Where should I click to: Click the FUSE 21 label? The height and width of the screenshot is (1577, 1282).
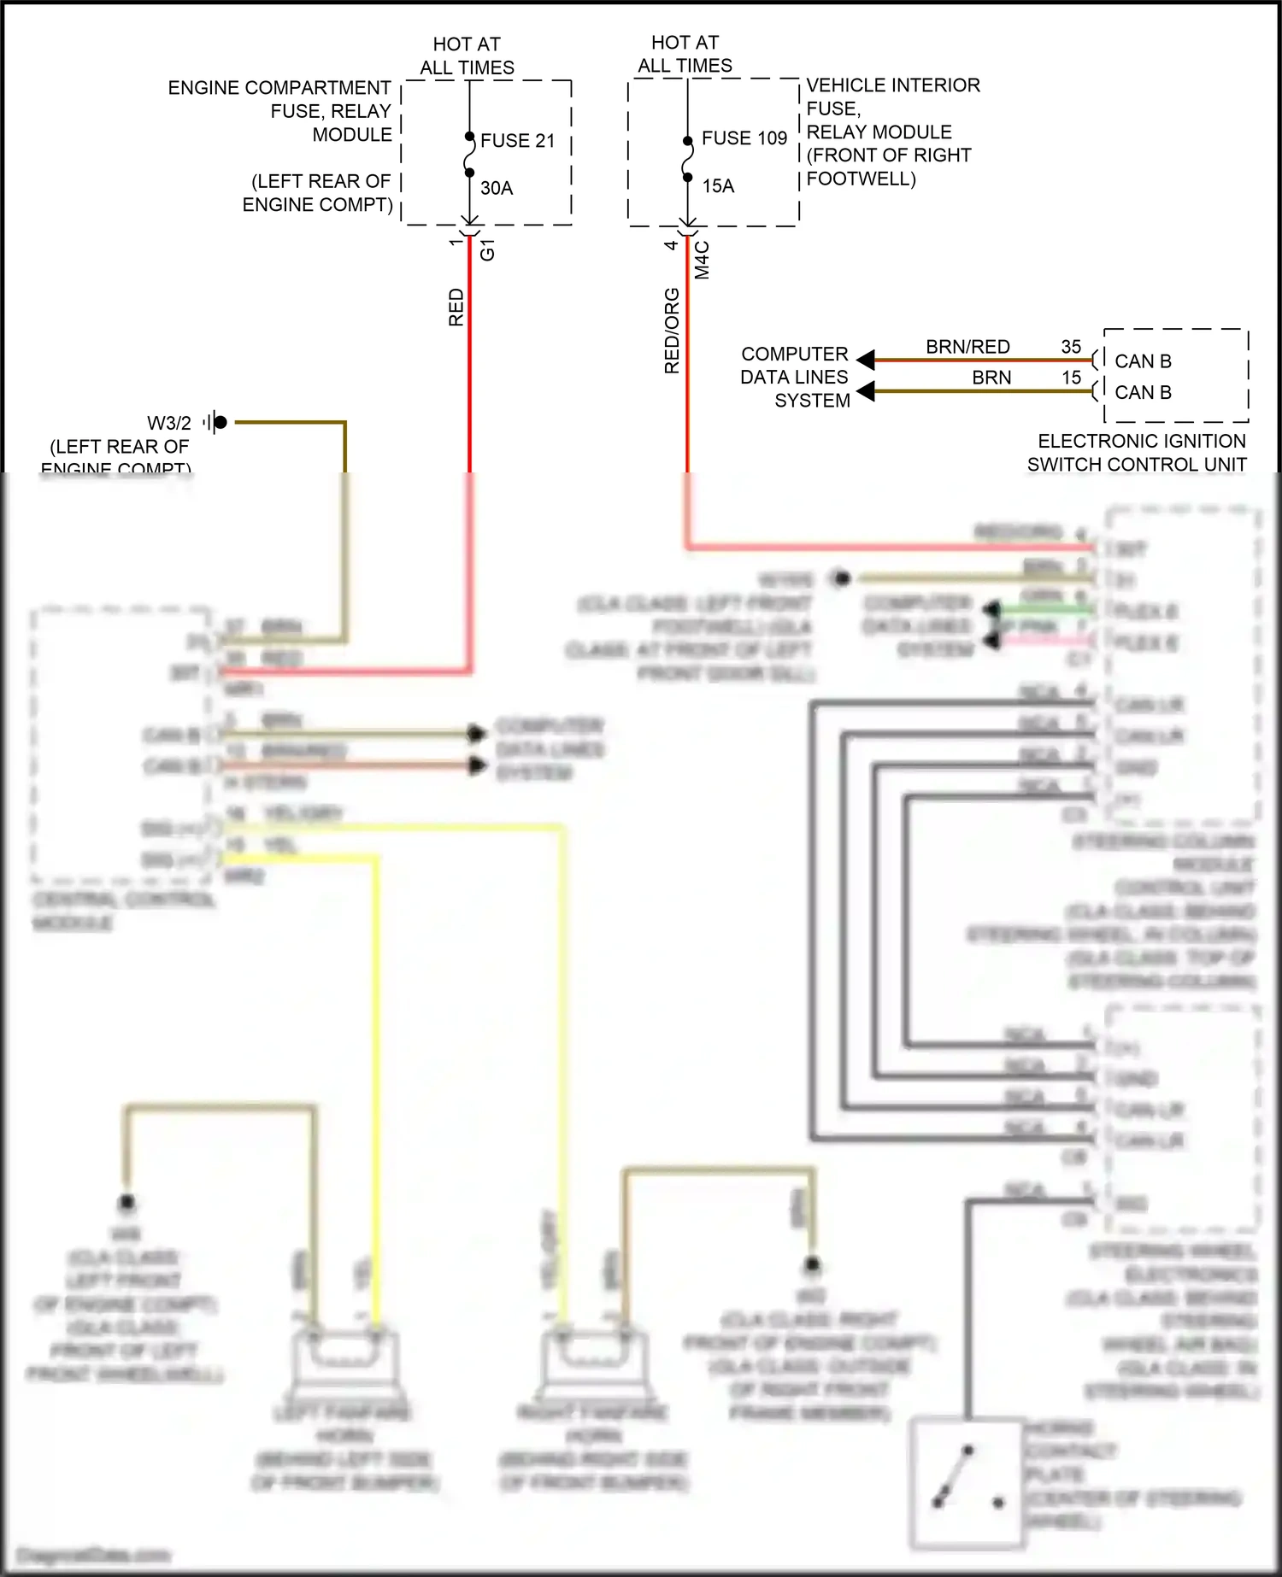point(517,141)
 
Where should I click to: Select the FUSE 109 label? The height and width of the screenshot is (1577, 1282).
point(744,138)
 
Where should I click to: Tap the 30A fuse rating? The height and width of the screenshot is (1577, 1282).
point(497,188)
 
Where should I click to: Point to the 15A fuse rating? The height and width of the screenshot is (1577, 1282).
point(718,186)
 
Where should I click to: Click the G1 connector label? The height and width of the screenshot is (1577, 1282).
point(487,250)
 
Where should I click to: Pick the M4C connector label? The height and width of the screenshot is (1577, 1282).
point(702,260)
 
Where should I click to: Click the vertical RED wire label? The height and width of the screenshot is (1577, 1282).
point(456,308)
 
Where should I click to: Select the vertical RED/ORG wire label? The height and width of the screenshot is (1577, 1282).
point(672,331)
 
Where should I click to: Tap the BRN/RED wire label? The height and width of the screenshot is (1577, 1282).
point(967,347)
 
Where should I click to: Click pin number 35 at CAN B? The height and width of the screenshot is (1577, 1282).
point(1071,347)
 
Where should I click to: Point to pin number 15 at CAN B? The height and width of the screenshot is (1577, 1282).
point(1071,378)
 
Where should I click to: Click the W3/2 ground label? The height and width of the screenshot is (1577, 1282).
point(169,424)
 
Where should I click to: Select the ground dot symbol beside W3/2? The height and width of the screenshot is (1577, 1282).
point(220,422)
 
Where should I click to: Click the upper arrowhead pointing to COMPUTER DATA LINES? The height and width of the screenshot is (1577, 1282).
point(865,360)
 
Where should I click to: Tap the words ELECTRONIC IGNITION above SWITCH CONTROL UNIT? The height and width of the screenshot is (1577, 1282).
point(1141,442)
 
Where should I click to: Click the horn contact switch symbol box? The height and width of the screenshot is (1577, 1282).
point(967,1482)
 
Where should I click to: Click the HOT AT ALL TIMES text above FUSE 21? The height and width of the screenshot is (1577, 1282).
point(467,56)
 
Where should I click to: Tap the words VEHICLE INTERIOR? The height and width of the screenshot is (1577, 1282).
point(893,85)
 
